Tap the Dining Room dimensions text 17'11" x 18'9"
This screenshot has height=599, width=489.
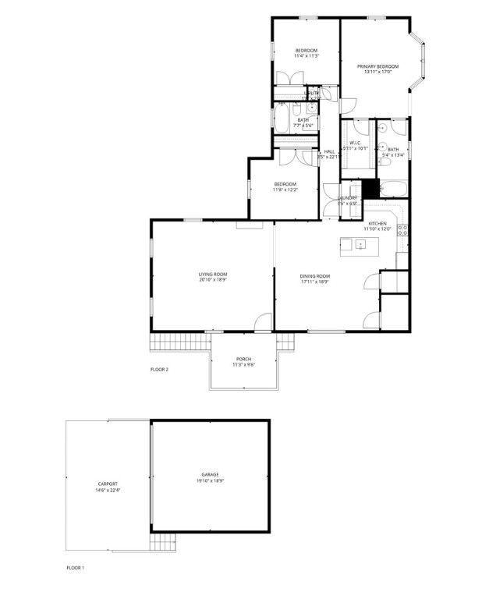coord(315,282)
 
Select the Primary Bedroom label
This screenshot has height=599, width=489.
coord(377,67)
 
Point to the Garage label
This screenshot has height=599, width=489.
coord(210,475)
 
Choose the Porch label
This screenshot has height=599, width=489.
coord(243,358)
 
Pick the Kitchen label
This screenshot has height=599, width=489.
coord(377,223)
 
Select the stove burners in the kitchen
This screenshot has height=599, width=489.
coord(402,229)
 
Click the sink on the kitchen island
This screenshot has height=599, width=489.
coord(360,245)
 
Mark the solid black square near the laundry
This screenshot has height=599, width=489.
coord(370,187)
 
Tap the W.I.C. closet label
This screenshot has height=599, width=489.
coord(355,144)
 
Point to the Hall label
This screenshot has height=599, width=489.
coord(329,151)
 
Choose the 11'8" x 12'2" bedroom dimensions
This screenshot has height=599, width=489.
coord(284,190)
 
